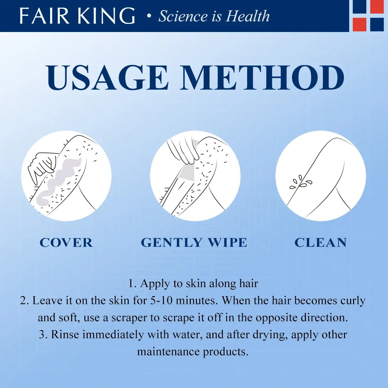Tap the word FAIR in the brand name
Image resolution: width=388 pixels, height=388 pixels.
[44, 16]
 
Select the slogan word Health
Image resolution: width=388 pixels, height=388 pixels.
[247, 16]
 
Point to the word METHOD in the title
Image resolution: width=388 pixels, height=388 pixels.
[262, 78]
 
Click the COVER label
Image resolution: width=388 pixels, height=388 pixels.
[66, 242]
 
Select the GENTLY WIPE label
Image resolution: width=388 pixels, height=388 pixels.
[194, 242]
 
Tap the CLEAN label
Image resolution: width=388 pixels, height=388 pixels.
[320, 242]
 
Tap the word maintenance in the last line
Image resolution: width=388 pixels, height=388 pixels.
[168, 351]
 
